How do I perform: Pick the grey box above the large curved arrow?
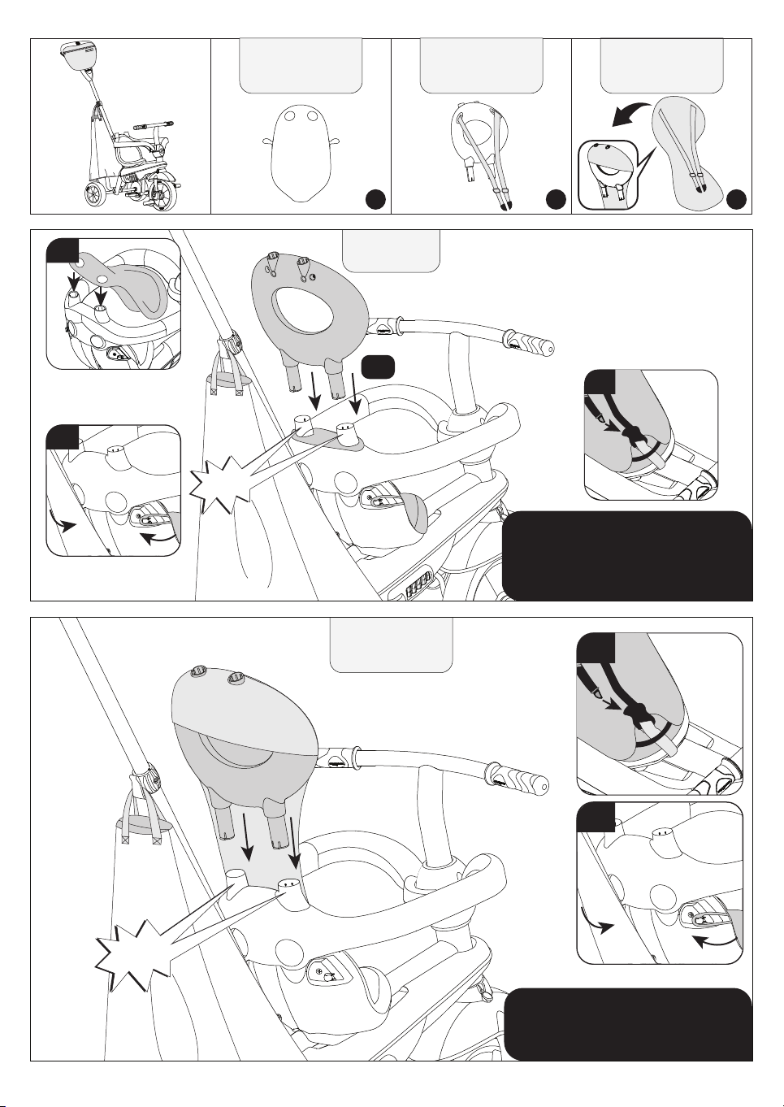[661, 66]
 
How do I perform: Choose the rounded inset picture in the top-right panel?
[607, 175]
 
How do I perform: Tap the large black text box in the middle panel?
[627, 556]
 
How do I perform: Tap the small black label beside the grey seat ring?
[378, 367]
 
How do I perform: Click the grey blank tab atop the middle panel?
[391, 250]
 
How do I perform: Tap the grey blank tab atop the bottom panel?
[391, 645]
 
